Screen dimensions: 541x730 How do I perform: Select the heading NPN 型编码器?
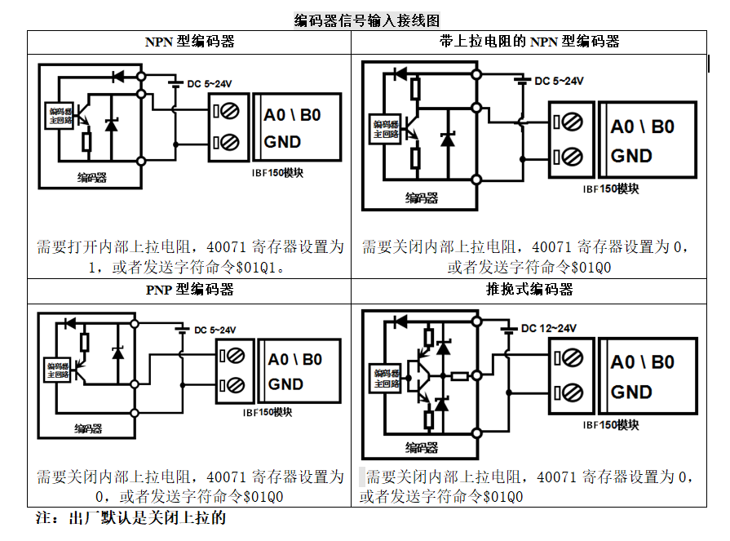(x=189, y=42)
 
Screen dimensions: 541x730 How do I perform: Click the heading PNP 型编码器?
(x=189, y=290)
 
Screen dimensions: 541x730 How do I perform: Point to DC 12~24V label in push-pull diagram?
(x=548, y=328)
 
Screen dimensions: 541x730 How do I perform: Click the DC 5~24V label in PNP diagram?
(x=215, y=330)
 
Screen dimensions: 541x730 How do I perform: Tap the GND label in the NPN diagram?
(x=282, y=142)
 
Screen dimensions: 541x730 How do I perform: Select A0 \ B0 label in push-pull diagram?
(x=642, y=362)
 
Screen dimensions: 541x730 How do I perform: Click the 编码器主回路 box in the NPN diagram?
(x=60, y=115)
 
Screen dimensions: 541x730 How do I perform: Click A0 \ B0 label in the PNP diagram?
(x=294, y=360)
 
